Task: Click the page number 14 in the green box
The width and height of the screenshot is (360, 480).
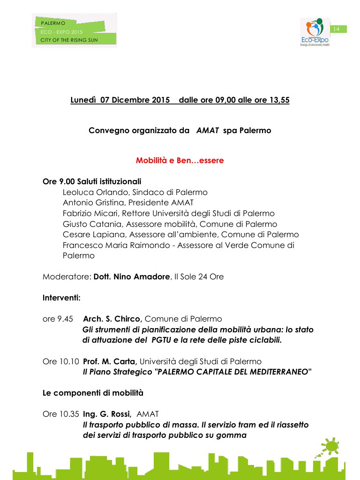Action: [336, 29]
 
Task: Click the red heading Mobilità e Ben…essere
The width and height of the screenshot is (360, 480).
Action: [180, 160]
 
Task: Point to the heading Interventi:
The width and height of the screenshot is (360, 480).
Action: [61, 297]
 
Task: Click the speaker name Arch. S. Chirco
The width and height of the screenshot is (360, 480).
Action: [112, 319]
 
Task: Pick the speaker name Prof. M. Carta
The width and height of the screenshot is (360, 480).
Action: [110, 362]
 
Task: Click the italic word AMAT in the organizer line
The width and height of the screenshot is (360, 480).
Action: [208, 130]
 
